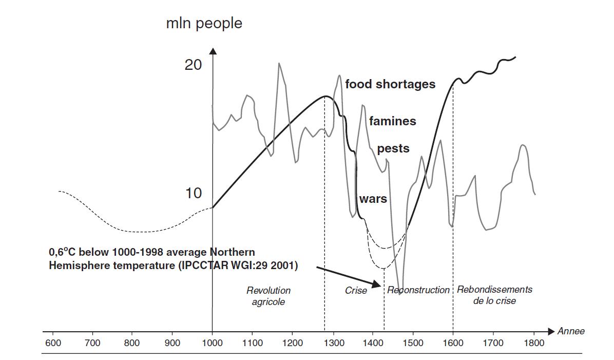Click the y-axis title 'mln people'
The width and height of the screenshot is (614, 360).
204,24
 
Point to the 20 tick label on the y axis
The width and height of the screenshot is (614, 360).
193,65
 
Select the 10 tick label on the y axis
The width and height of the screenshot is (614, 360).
193,193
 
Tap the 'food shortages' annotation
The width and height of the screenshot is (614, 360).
390,84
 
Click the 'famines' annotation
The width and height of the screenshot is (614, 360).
392,121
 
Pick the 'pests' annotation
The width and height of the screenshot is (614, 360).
393,149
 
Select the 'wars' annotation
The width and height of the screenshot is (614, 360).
373,199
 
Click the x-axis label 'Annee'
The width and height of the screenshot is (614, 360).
571,331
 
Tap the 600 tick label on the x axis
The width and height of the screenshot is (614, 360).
52,343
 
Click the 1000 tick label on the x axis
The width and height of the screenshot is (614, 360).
212,343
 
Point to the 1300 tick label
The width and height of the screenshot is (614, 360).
333,343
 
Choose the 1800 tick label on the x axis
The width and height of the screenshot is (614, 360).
534,343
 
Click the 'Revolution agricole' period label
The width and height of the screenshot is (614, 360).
268,296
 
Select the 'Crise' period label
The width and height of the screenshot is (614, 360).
356,291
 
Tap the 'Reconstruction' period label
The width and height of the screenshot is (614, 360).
418,290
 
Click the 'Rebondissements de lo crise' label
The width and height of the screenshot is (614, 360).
494,295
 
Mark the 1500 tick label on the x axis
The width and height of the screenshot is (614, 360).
413,343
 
